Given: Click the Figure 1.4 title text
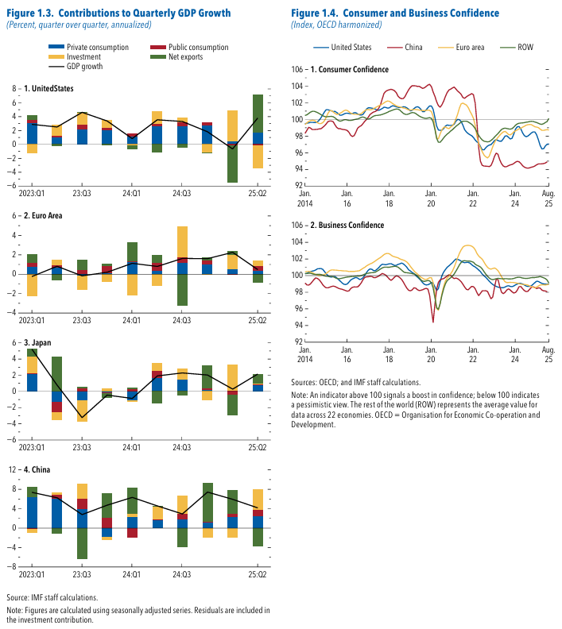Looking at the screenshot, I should pyautogui.click(x=394, y=14).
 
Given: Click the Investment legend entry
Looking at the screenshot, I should pyautogui.click(x=84, y=57).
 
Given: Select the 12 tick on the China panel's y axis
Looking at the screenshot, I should pyautogui.click(x=12, y=469).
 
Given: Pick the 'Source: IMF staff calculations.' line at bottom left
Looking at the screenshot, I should pyautogui.click(x=52, y=596).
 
